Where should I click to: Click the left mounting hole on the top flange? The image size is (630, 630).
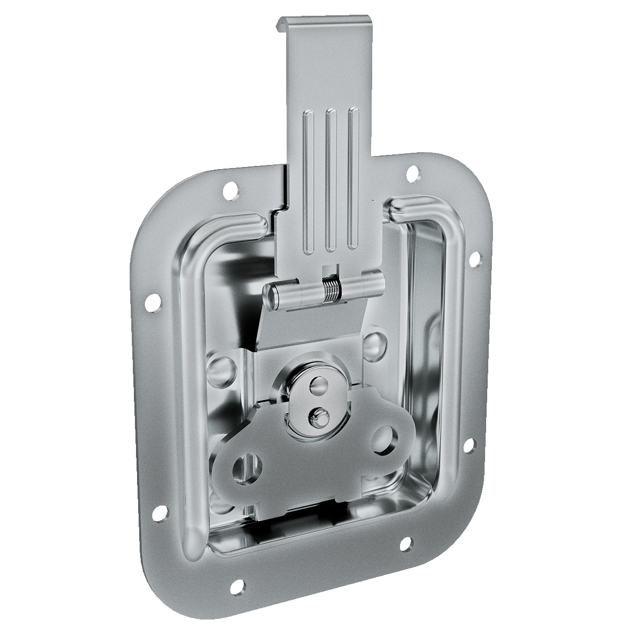coord(229,190)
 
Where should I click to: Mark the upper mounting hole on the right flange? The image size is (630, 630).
coord(476,258)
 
